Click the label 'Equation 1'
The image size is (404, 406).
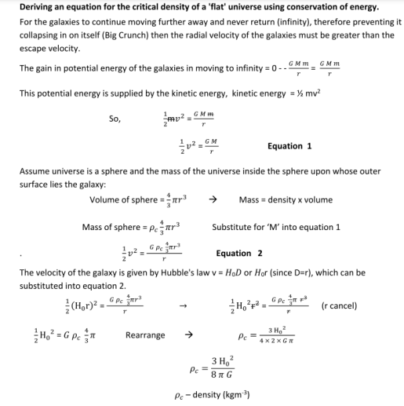tap(289, 146)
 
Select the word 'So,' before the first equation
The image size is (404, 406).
tap(116, 121)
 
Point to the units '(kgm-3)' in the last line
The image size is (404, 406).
tap(238, 396)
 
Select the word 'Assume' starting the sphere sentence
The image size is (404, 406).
tap(35, 174)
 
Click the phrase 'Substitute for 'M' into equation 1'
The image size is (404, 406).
tap(276, 228)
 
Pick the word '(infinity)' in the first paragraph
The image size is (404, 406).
tap(259, 22)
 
